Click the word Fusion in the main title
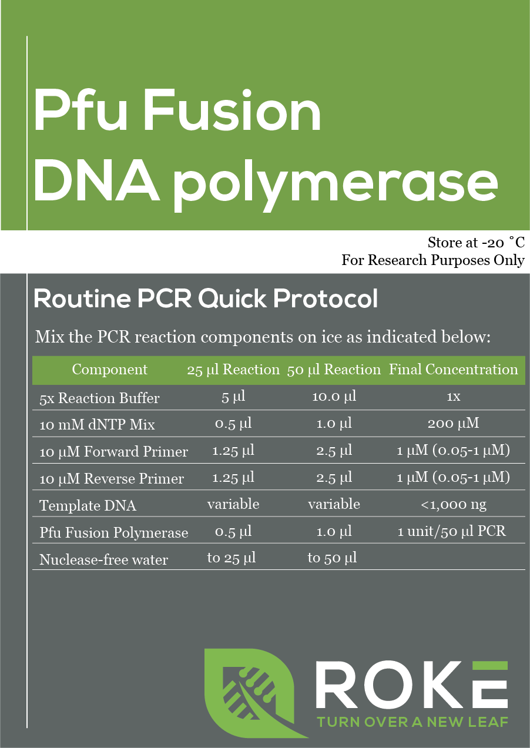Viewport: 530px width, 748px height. coord(233,110)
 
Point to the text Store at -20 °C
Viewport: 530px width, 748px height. coord(476,243)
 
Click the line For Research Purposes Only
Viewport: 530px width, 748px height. coord(433,260)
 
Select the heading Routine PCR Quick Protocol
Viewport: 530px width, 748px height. coord(206,298)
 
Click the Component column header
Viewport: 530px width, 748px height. coord(109,370)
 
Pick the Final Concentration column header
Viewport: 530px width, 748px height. coord(453,370)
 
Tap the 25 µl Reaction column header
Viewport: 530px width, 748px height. coord(233,370)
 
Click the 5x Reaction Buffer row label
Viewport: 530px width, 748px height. coord(99,398)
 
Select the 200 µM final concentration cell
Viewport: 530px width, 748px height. coord(453,424)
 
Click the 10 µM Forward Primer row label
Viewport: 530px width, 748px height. coord(113,451)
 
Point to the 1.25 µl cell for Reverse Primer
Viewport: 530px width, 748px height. coord(233,478)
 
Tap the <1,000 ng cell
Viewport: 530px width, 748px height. coord(453,504)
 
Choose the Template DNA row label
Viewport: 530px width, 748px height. coord(88,505)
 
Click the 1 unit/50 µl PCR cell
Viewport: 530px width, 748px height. coord(451,531)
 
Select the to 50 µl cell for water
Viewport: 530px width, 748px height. coord(332,558)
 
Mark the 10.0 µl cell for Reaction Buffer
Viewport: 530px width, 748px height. coord(334,397)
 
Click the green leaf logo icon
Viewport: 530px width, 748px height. coord(255,692)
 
